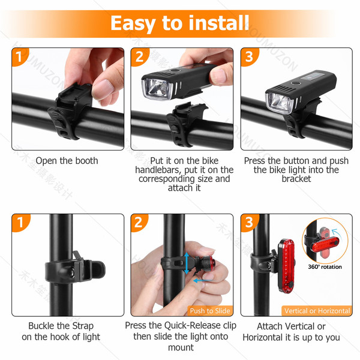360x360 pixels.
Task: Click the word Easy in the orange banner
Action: (133, 23)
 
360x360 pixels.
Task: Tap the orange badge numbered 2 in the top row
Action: (139, 56)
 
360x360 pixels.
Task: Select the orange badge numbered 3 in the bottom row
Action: (249, 222)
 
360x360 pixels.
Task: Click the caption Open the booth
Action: (67, 161)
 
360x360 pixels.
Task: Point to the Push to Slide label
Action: (210, 311)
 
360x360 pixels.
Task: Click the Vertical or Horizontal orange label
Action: (317, 311)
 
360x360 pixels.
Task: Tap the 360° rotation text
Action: (325, 267)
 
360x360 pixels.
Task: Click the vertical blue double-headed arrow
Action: (187, 263)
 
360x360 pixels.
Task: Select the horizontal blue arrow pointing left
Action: (203, 281)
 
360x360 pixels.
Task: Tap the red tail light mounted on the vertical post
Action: (286, 266)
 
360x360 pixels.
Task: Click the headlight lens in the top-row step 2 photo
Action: (157, 89)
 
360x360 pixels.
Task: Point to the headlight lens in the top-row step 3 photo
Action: (280, 103)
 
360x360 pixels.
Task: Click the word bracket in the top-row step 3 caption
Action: (296, 179)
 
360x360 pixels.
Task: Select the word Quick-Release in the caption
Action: (193, 326)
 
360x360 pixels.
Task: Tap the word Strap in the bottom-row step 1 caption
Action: (83, 326)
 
